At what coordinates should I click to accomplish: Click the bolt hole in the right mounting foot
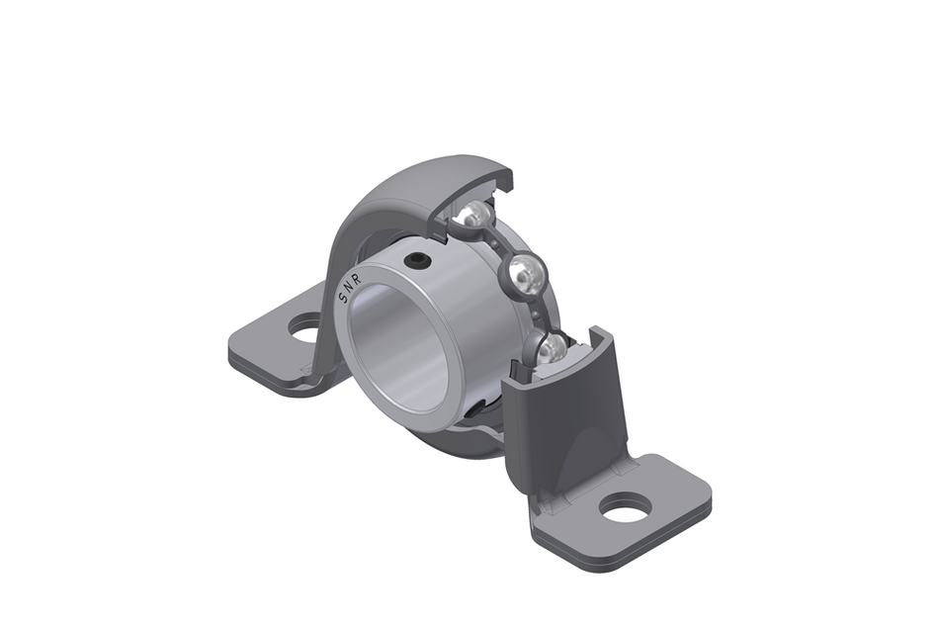[x=625, y=507]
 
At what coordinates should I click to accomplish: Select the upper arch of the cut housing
[x=415, y=188]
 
